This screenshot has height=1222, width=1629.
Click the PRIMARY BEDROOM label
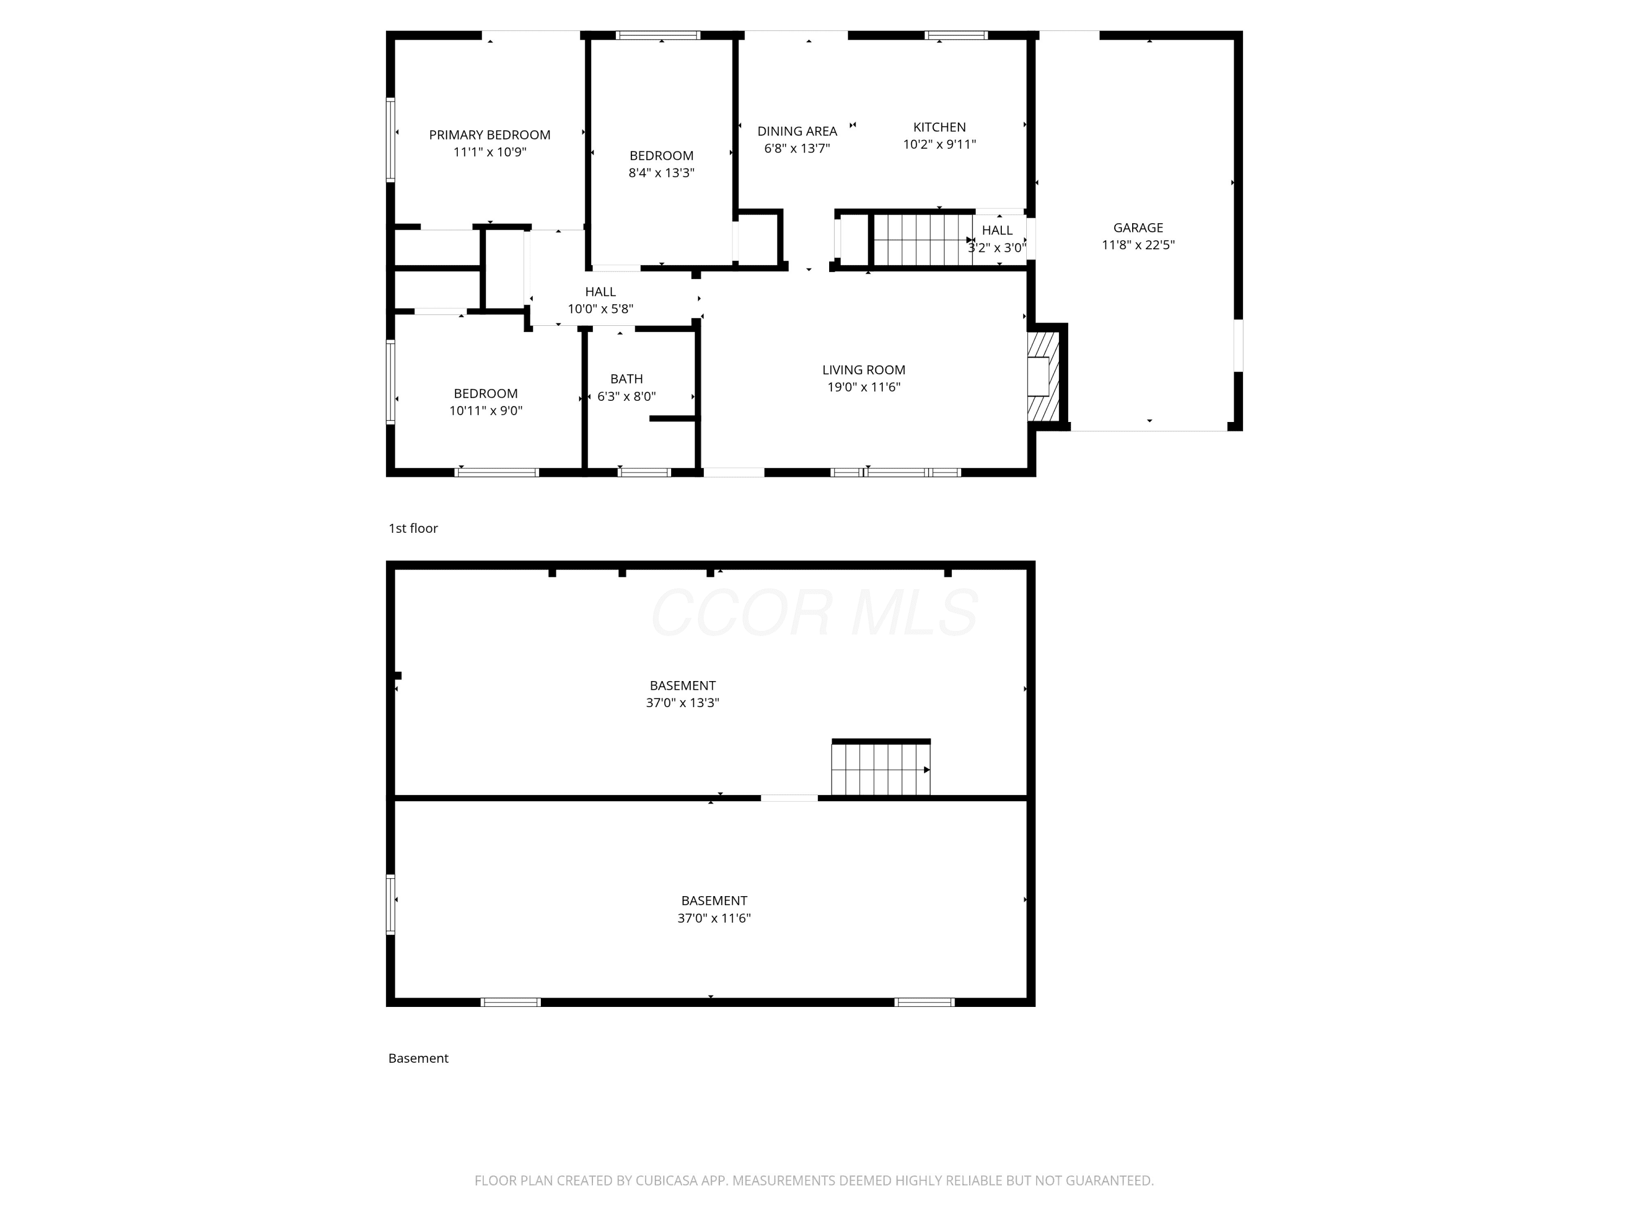[490, 135]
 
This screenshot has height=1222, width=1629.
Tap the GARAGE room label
[1138, 228]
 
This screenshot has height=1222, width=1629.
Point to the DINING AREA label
[797, 131]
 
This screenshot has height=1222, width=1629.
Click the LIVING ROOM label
[864, 370]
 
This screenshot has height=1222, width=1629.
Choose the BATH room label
[626, 379]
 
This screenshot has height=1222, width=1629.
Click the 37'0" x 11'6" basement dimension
[715, 918]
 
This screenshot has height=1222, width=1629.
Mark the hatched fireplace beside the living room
[1044, 376]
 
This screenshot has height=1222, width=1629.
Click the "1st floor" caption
[413, 528]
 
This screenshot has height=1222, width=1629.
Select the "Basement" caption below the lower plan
[418, 1058]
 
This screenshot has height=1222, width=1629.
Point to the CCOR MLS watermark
[814, 613]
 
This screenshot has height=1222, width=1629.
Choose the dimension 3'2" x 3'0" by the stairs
[996, 248]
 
